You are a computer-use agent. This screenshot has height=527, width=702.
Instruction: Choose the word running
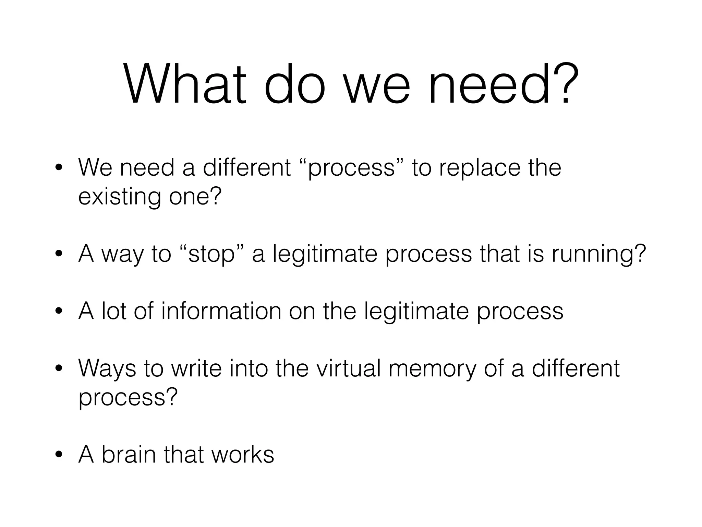(598, 254)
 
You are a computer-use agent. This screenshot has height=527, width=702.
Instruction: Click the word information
(221, 311)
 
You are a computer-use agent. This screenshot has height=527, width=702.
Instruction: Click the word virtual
(348, 368)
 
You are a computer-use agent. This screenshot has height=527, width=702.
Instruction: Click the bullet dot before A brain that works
(59, 455)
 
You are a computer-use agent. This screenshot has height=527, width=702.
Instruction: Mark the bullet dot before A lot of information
(59, 312)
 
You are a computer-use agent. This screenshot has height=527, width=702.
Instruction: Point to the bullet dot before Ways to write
(59, 369)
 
